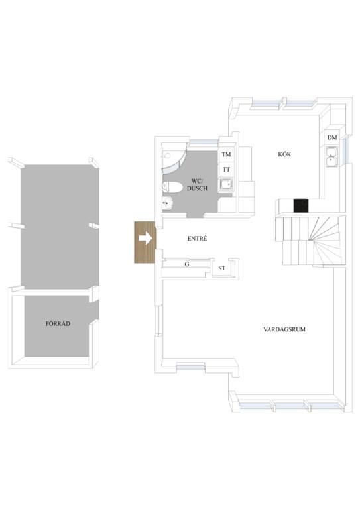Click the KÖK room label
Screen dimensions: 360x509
pyautogui.click(x=284, y=154)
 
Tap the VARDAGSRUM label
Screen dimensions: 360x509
pyautogui.click(x=284, y=329)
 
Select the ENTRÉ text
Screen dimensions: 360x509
pyautogui.click(x=197, y=239)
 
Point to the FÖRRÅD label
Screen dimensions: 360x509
pyautogui.click(x=58, y=323)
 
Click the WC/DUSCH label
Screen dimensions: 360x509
pyautogui.click(x=197, y=184)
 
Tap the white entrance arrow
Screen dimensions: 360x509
pyautogui.click(x=145, y=239)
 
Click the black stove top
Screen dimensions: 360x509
pyautogui.click(x=301, y=205)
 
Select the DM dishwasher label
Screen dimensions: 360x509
pyautogui.click(x=332, y=138)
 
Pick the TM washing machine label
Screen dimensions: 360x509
pyautogui.click(x=226, y=154)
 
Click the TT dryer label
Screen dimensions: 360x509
pyautogui.click(x=226, y=170)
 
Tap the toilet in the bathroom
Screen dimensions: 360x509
pyautogui.click(x=172, y=187)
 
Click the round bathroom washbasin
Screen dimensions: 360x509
pyautogui.click(x=168, y=204)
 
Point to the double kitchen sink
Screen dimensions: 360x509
pyautogui.click(x=331, y=156)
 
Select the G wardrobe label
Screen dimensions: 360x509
pyautogui.click(x=187, y=264)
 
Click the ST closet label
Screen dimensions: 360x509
pyautogui.click(x=221, y=268)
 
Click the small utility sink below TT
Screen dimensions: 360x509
pyautogui.click(x=226, y=184)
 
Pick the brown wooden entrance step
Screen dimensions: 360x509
pyautogui.click(x=145, y=243)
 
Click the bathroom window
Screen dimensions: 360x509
pyautogui.click(x=204, y=142)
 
